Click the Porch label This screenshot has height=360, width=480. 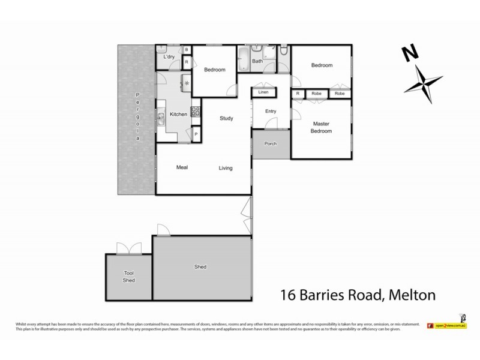pos(271,144)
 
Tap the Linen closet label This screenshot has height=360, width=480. pos(263,92)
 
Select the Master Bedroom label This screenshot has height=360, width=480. pos(322,128)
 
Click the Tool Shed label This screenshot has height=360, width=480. pos(128,277)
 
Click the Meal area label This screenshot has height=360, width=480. pos(183,167)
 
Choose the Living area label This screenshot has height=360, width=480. pos(226,168)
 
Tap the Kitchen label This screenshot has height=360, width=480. pos(179,114)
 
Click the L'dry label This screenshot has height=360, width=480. pos(169,57)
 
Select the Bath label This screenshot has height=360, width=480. pos(257,61)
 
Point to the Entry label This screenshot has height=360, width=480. pos(271,110)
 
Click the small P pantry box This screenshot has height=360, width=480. pos(196,134)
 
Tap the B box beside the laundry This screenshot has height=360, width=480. pos(187,50)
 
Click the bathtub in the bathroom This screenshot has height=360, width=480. pos(244,61)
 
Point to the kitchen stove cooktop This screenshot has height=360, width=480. pos(195,111)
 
